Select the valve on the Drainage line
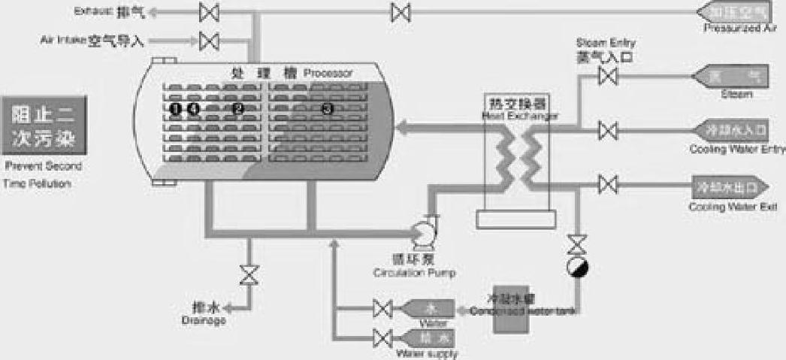point(246,274)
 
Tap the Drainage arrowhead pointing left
point(234,307)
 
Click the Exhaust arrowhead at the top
point(152,12)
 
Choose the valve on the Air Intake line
point(210,39)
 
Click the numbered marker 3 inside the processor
point(327,109)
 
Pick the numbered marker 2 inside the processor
point(238,109)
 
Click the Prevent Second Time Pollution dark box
point(44,125)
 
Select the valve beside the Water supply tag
point(382,337)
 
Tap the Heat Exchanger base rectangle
point(516,219)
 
